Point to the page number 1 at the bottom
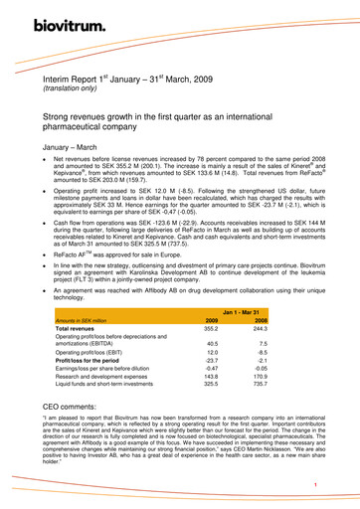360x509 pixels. point(314,483)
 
